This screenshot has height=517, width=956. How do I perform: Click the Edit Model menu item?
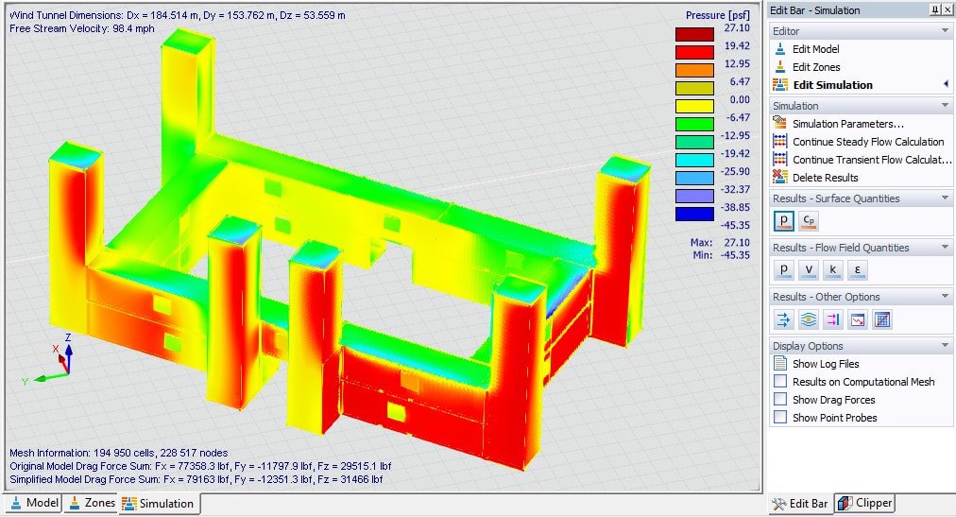(x=815, y=49)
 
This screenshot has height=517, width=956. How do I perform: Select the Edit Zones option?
(x=816, y=67)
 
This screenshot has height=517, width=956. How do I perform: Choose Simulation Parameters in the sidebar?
(x=847, y=124)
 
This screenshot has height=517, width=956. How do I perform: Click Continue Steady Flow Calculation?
(x=867, y=142)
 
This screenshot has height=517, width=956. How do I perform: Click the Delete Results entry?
(x=825, y=178)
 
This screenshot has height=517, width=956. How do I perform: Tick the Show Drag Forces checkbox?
(x=780, y=400)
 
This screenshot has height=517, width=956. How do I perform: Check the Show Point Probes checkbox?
(x=780, y=418)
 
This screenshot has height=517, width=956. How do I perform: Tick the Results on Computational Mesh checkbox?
(x=780, y=382)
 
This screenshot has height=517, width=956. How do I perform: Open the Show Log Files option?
(x=825, y=364)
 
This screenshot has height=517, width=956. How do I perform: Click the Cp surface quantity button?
(x=809, y=221)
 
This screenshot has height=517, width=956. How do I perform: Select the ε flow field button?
(x=857, y=270)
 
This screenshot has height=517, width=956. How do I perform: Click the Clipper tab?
(x=864, y=504)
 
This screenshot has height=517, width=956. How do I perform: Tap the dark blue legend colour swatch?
(x=693, y=215)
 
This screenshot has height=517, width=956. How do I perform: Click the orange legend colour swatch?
(x=693, y=70)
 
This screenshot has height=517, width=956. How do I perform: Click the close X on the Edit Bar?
(x=947, y=9)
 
